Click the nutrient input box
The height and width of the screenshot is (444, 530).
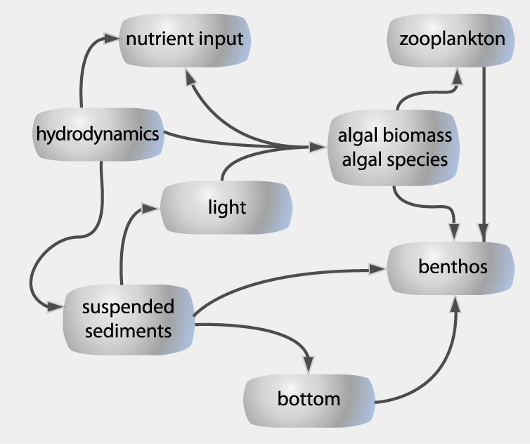(x=185, y=39)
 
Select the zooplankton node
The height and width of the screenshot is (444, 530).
(x=451, y=39)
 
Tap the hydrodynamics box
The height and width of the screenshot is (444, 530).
(x=98, y=133)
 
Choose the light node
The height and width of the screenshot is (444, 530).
(x=226, y=207)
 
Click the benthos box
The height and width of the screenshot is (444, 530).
(x=452, y=267)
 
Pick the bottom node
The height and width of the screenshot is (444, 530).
(x=309, y=400)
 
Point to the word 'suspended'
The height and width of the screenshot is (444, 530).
(x=128, y=307)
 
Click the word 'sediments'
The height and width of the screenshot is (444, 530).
(x=128, y=329)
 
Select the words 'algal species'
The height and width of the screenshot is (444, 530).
(x=394, y=159)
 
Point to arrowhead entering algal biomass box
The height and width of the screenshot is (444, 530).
(x=318, y=148)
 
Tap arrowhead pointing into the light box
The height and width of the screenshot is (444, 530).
(x=151, y=207)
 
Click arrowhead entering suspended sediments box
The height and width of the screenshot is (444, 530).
(x=54, y=307)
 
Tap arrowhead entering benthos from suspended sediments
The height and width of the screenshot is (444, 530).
(x=378, y=268)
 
